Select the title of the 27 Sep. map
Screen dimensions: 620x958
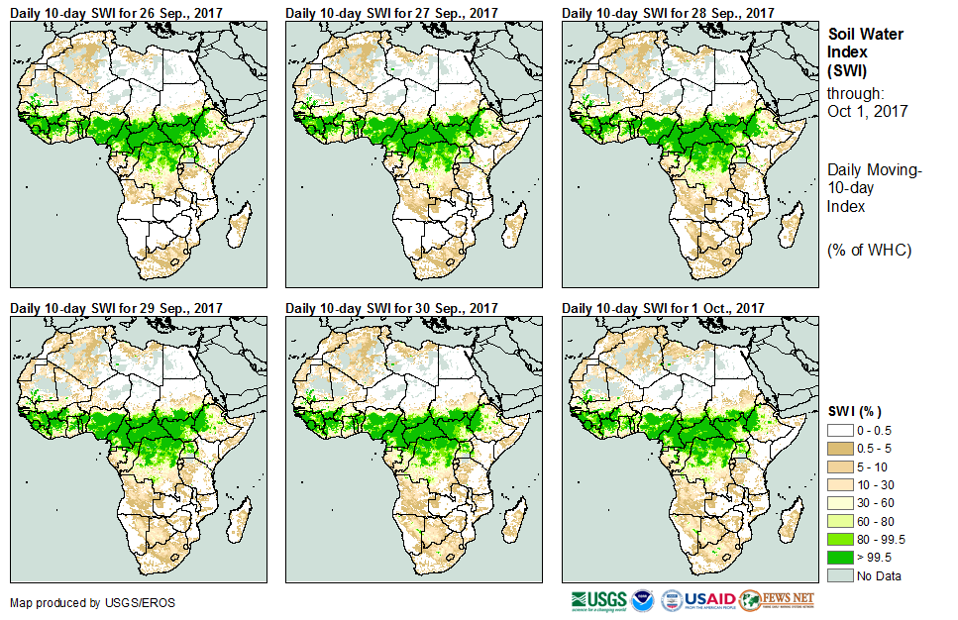[x=391, y=13]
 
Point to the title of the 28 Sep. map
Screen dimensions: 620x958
[x=668, y=13]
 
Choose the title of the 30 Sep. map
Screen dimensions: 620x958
[x=391, y=308]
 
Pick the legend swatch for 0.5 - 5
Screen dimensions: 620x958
[x=839, y=450]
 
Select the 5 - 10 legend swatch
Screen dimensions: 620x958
[x=839, y=467]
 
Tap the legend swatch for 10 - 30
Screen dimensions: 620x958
[x=839, y=485]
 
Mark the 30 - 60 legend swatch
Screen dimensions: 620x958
[x=839, y=503]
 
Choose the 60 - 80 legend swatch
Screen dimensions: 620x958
[x=839, y=521]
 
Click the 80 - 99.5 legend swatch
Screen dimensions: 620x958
[x=839, y=539]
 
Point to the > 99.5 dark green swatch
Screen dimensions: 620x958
[x=839, y=557]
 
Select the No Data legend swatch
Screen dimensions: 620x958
[x=839, y=574]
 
